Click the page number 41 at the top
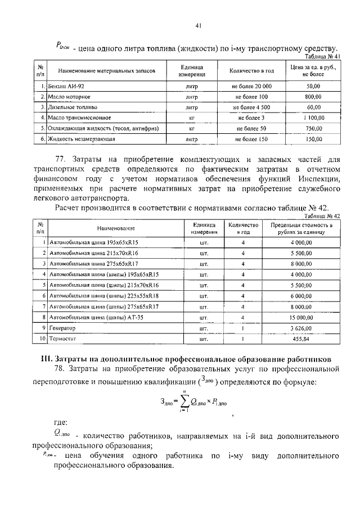[x=199, y=25]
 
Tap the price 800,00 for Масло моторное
[x=313, y=96]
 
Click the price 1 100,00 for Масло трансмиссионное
[x=313, y=118]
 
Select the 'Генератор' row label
[x=62, y=327]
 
